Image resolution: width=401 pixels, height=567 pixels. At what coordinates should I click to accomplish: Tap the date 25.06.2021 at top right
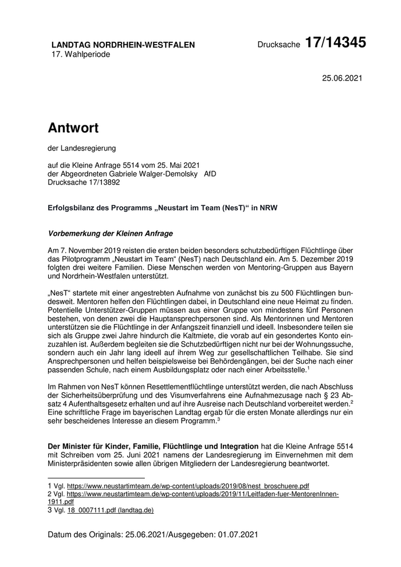pos(343,78)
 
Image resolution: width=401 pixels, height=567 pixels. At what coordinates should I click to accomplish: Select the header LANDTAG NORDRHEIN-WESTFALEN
pos(123,45)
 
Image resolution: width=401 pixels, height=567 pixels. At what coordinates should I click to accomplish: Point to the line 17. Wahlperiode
pos(81,54)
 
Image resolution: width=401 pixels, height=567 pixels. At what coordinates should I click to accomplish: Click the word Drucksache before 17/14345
pos(278,45)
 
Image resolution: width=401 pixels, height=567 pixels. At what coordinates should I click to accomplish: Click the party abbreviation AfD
pos(210,175)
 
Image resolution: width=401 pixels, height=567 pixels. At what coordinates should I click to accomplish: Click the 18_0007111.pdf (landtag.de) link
pos(111,510)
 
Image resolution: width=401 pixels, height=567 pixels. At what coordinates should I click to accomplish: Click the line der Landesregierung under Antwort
pos(82,148)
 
